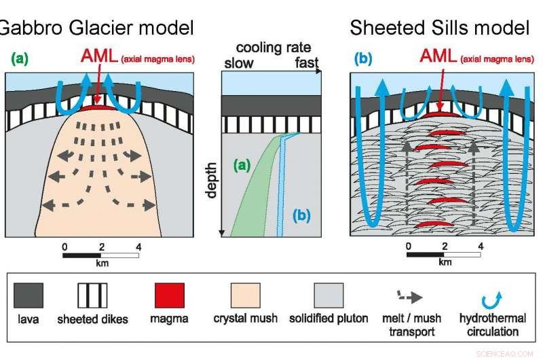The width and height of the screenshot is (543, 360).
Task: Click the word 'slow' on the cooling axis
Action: click(x=238, y=62)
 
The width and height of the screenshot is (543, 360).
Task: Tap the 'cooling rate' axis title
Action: click(x=274, y=48)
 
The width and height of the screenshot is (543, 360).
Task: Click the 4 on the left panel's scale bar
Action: click(x=138, y=246)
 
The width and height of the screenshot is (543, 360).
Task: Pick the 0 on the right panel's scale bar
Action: click(x=408, y=246)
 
